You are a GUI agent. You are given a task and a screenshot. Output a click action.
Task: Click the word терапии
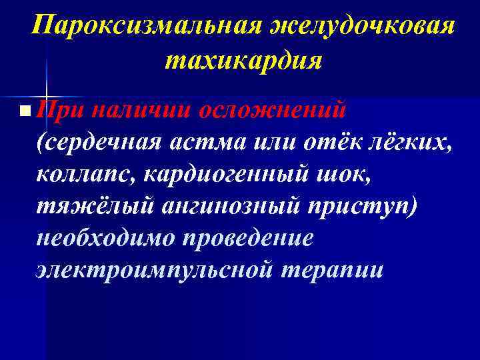click(x=331, y=270)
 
